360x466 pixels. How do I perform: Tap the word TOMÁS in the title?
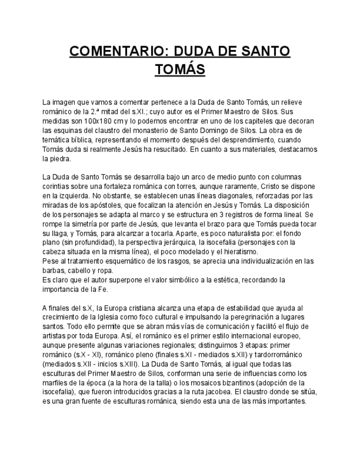pos(180,70)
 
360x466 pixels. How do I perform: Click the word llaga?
pos(60,233)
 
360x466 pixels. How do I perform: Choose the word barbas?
pos(53,270)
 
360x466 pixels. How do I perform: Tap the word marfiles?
pos(55,382)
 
